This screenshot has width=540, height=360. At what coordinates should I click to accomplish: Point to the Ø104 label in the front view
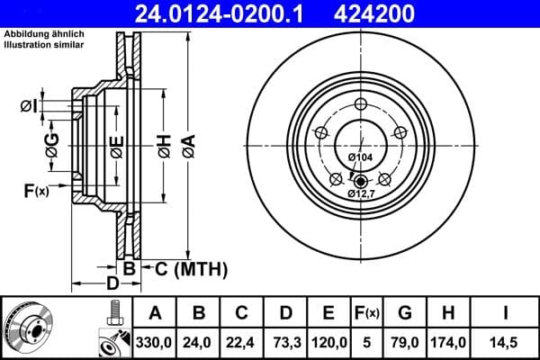pyautogui.click(x=360, y=157)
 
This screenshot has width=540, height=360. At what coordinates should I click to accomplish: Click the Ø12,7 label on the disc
pyautogui.click(x=361, y=193)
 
